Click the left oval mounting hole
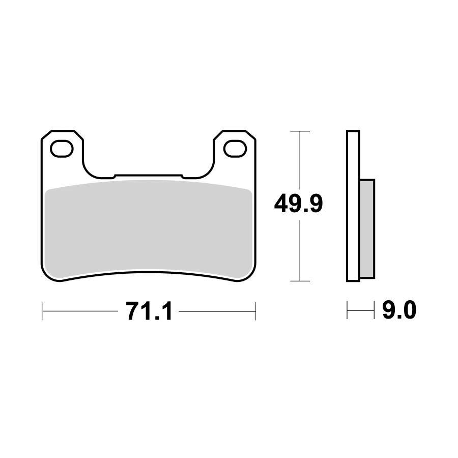pos(62,148)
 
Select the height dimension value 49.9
pos(298,205)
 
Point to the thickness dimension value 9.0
pos(399,310)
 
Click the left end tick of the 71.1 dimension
pos(42,310)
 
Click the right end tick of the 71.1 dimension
pos(255,310)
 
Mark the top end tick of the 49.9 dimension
pos(300,131)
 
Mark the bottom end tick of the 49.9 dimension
pos(300,281)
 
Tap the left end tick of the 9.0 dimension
pos(347,310)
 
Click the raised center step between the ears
pos(148,176)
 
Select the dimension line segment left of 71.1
pos(81,310)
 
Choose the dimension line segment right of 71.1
pos(216,310)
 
